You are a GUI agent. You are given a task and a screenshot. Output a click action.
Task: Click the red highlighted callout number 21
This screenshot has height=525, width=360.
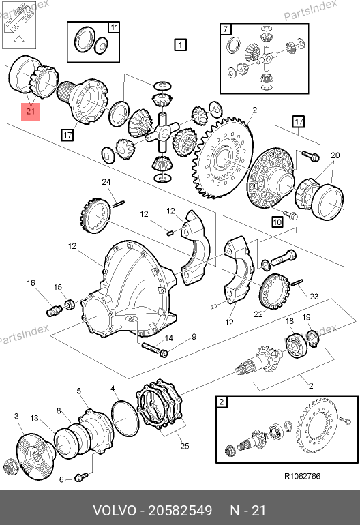click(31, 111)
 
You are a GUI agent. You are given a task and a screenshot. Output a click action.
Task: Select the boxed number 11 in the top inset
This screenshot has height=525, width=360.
click(114, 27)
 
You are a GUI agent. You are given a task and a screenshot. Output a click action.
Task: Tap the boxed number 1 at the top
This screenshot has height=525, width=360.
click(180, 45)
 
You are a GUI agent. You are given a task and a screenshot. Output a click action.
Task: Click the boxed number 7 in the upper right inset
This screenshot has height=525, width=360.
click(226, 29)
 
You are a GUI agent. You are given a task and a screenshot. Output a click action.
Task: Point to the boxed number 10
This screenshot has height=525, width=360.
click(277, 222)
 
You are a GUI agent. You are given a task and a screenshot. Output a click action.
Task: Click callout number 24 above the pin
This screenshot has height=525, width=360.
click(106, 182)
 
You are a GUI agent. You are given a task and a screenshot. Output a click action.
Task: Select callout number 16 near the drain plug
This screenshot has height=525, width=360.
click(31, 283)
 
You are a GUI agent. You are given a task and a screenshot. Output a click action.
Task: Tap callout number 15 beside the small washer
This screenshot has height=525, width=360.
click(57, 287)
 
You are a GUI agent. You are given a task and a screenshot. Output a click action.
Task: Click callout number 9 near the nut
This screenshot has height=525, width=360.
click(194, 337)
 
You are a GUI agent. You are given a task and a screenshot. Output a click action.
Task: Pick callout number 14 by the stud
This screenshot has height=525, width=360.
click(169, 338)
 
